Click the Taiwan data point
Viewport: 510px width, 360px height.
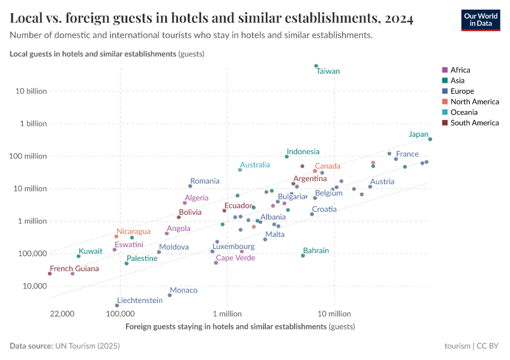(x=316, y=66)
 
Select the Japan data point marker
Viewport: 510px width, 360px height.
(x=430, y=139)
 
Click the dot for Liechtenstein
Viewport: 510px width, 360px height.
(x=117, y=305)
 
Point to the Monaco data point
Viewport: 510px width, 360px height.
(x=170, y=295)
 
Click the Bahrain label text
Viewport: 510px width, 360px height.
(x=316, y=251)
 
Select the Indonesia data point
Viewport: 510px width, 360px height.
(x=287, y=157)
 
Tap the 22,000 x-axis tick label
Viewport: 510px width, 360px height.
(x=62, y=314)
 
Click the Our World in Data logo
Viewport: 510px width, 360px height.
(x=480, y=20)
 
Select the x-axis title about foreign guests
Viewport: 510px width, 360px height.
(x=240, y=327)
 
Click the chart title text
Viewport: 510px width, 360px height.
(x=211, y=19)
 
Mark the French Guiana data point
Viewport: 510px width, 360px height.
(x=50, y=274)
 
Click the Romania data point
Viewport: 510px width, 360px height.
(x=190, y=186)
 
